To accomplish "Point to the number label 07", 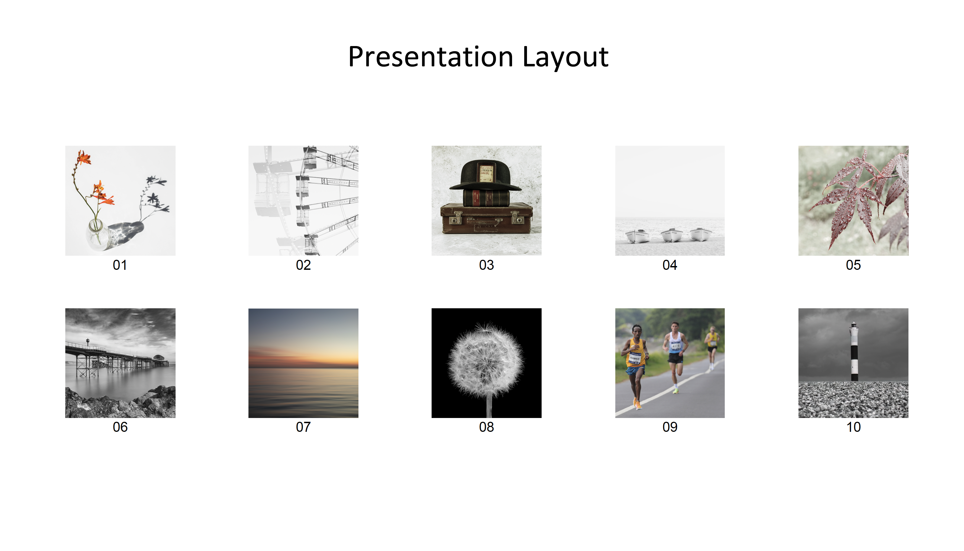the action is [x=303, y=427].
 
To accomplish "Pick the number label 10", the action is [x=853, y=427].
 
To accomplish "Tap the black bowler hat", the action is [x=485, y=175].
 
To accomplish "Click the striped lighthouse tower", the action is [x=854, y=352].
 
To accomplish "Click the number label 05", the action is [x=853, y=265].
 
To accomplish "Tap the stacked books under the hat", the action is [x=486, y=198].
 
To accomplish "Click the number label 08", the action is [x=486, y=427].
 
